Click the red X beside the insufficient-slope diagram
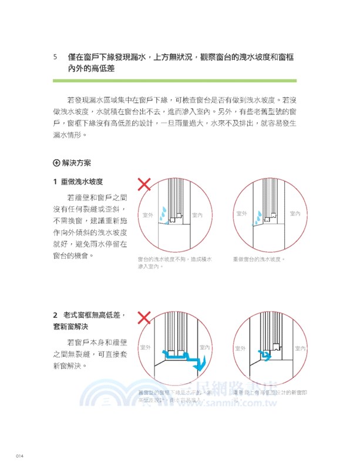point(144,185)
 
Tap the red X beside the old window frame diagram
point(144,318)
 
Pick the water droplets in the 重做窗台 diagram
point(257,217)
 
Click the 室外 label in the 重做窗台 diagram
point(241,214)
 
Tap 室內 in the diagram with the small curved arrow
point(300,348)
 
